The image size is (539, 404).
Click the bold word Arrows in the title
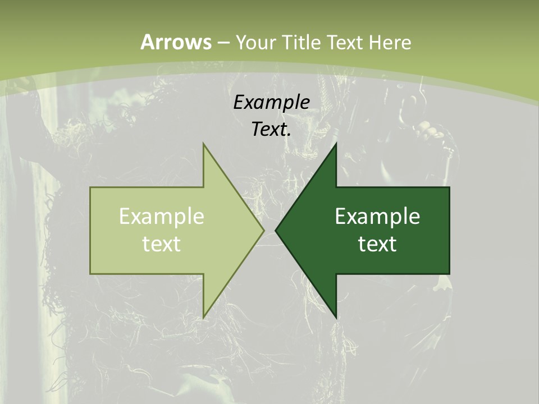(176, 42)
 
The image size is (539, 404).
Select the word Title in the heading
(300, 42)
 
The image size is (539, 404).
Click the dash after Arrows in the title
(223, 43)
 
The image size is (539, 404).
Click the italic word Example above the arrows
(271, 102)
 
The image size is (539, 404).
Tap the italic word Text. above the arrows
(271, 129)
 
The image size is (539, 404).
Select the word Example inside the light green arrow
(162, 217)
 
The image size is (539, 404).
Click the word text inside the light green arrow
(162, 244)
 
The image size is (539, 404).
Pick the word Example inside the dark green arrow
(377, 217)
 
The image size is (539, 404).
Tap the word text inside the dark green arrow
(377, 244)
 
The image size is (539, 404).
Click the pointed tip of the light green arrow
(263, 231)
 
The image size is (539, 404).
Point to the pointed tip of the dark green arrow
(276, 231)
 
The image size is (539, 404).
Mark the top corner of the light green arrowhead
(203, 144)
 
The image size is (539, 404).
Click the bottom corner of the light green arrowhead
(203, 318)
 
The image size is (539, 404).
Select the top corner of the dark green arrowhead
(336, 144)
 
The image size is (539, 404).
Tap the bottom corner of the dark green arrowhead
(336, 318)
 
